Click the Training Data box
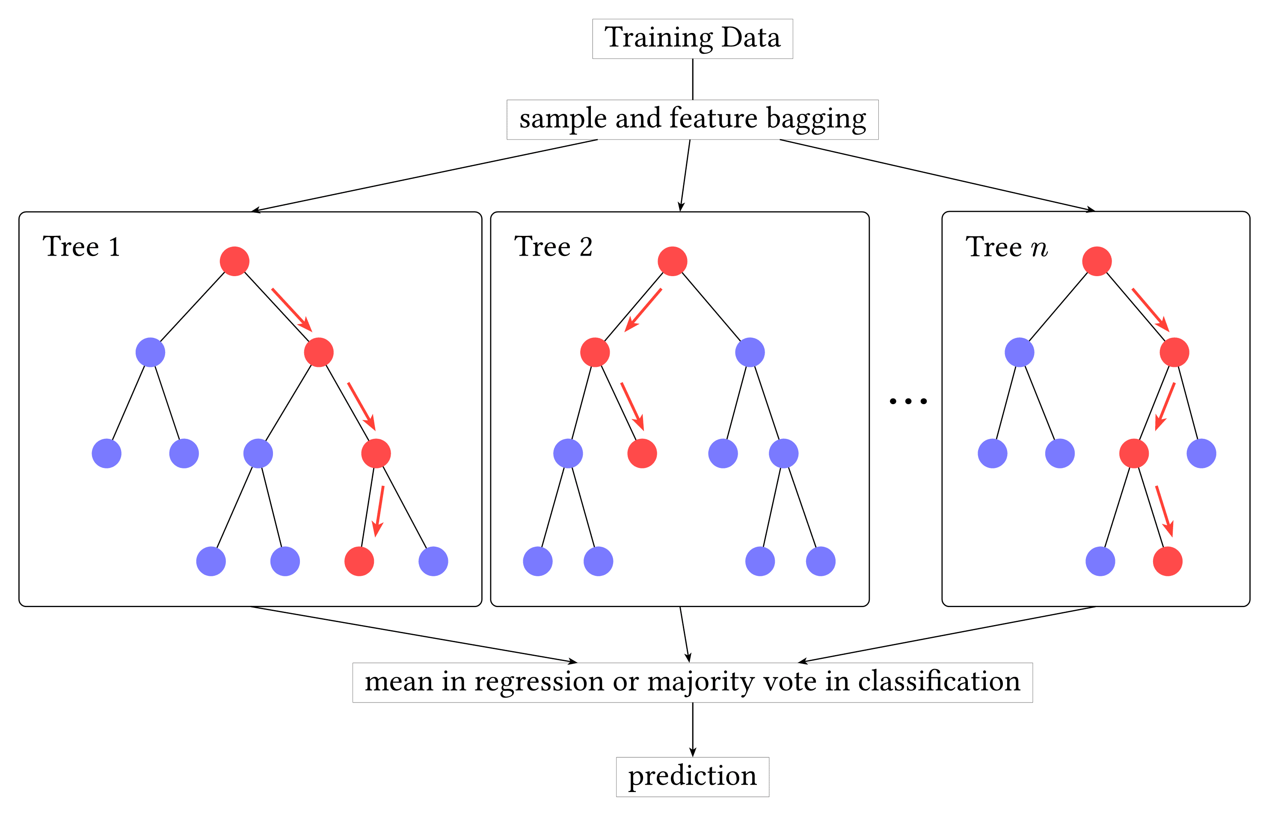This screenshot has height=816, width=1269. click(x=692, y=39)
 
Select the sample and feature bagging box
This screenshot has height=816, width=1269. click(x=692, y=120)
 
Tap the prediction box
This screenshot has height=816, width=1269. click(x=692, y=777)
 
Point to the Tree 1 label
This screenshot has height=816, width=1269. click(x=82, y=247)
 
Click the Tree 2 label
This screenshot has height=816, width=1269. click(x=553, y=247)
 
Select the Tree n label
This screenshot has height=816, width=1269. click(x=1006, y=247)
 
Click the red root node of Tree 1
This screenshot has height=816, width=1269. click(x=234, y=261)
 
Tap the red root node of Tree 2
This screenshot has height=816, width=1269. click(x=672, y=261)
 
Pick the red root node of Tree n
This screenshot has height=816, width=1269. click(x=1097, y=261)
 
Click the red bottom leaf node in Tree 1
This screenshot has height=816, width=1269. click(x=359, y=561)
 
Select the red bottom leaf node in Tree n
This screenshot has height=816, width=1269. click(x=1168, y=561)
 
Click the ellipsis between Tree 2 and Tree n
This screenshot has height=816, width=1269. click(x=908, y=401)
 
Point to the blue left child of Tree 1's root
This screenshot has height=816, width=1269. click(x=150, y=352)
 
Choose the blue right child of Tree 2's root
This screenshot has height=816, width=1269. click(x=750, y=352)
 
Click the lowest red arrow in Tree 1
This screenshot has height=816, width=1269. click(x=379, y=511)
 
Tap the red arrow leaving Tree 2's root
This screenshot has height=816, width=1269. click(x=643, y=310)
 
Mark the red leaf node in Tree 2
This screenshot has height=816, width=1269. click(x=642, y=453)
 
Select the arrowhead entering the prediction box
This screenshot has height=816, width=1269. click(x=692, y=752)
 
